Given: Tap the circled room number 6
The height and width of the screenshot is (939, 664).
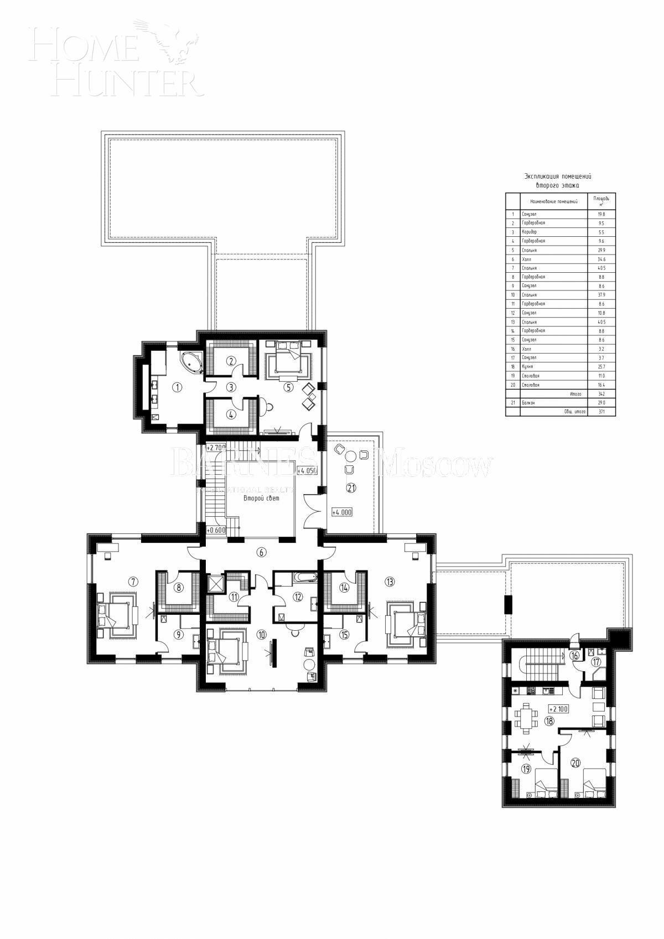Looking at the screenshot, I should (x=262, y=552).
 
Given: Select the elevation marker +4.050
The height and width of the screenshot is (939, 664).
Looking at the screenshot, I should (x=307, y=471).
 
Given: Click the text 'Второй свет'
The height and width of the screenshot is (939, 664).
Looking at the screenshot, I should (x=261, y=498).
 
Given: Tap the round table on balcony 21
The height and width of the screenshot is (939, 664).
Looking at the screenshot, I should (x=351, y=456).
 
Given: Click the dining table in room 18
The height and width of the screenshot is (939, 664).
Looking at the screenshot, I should (x=526, y=718).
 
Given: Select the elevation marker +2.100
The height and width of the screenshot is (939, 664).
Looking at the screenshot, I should (x=559, y=709).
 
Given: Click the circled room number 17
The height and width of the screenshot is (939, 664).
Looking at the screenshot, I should (x=596, y=662).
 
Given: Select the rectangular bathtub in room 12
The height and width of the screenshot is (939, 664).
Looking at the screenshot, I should (x=305, y=577).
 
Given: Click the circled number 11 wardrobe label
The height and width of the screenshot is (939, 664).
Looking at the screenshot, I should (x=234, y=597).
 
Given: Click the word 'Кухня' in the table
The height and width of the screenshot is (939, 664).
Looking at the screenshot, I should (x=526, y=367).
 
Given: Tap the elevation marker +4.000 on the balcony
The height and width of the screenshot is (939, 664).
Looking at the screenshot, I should (x=341, y=512).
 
